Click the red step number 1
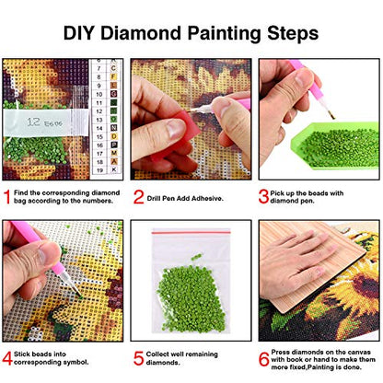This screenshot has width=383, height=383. pyautogui.click(x=8, y=196)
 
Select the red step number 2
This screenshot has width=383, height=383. pyautogui.click(x=139, y=196)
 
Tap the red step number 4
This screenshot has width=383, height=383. pyautogui.click(x=8, y=356)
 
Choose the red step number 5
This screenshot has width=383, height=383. pyautogui.click(x=139, y=356)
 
